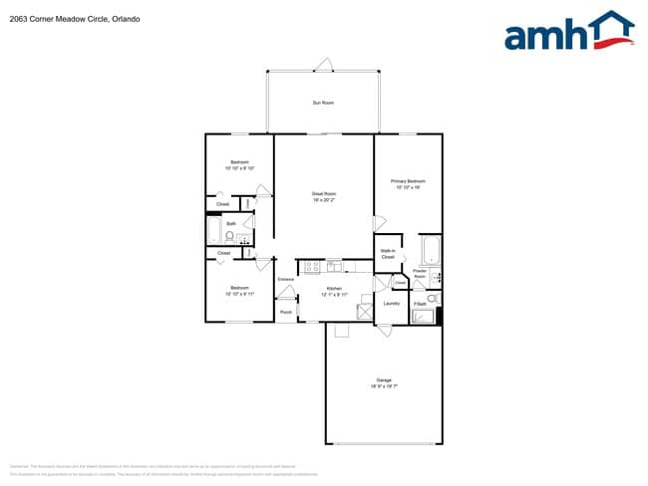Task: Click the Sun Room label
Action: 322,103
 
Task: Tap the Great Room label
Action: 323,193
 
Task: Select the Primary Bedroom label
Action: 410,180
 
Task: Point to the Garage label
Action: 384,379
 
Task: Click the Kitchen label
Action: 334,289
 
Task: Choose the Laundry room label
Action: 392,304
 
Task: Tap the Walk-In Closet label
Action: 388,254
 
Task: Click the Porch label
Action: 285,313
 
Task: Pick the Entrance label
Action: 285,280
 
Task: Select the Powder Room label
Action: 420,272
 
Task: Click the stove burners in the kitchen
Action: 311,266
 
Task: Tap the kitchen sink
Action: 334,266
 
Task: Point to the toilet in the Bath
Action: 228,237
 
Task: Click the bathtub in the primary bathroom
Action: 430,248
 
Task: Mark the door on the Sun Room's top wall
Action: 322,66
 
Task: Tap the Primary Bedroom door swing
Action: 379,223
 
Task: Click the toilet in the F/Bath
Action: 432,298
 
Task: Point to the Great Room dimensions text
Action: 323,200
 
